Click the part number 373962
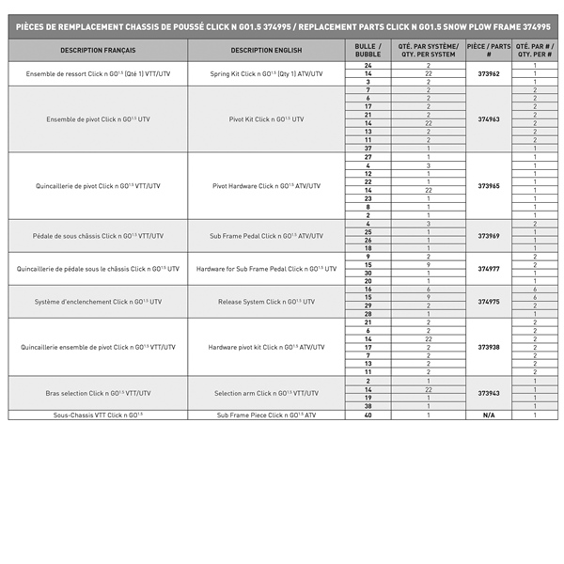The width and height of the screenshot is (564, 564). pos(489,73)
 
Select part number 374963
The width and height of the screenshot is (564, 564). pos(489,119)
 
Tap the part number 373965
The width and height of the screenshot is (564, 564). pos(489,185)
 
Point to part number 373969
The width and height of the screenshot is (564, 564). pos(489,235)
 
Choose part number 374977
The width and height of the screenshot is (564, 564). pos(489,268)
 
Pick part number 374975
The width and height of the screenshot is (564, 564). pos(489,302)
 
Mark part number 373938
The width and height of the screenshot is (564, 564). pos(489,347)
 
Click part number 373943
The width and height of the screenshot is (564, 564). pos(489,393)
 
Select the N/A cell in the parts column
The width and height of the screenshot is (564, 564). pos(489,415)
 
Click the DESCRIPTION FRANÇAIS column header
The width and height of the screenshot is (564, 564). pos(98,50)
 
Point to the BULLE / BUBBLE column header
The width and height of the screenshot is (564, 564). pos(368,50)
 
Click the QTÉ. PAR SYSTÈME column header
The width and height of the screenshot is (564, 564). pos(428,50)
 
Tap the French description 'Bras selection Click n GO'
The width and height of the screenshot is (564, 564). pos(98,393)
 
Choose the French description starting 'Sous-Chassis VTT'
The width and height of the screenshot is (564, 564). pos(98,415)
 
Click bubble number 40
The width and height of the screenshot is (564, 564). pos(368,415)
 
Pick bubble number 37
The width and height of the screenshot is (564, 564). pos(368,149)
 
